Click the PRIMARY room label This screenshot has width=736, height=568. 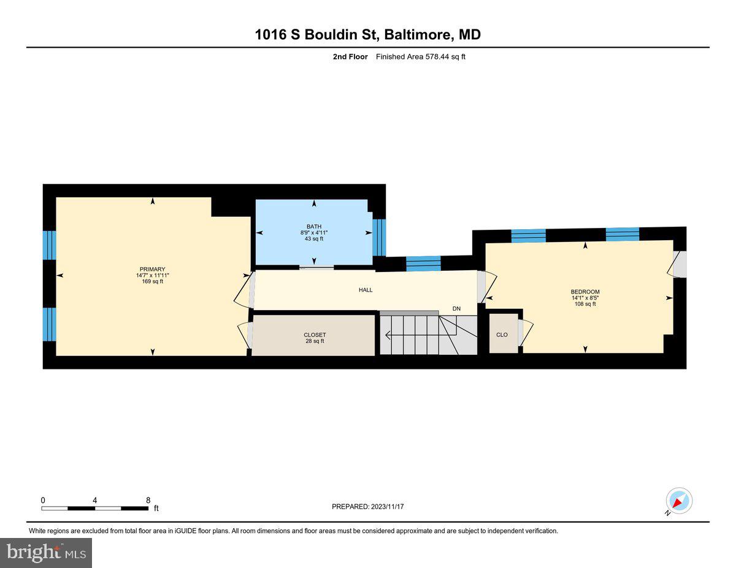(152, 269)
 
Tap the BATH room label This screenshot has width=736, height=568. (314, 226)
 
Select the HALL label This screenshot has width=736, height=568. (366, 290)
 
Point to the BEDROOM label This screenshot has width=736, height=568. (585, 292)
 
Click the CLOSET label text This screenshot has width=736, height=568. (314, 335)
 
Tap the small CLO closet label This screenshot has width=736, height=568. (502, 335)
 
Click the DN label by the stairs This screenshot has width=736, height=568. (456, 309)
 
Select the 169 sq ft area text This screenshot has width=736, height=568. (153, 282)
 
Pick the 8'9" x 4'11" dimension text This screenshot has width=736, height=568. (314, 232)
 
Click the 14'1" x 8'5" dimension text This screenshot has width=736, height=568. (585, 298)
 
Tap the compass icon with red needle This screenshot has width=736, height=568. (679, 501)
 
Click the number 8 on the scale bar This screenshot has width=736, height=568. (148, 500)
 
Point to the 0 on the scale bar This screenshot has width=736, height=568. (43, 500)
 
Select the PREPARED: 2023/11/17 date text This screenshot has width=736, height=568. (368, 507)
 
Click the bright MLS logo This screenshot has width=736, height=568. (46, 553)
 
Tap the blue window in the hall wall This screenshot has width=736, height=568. (423, 263)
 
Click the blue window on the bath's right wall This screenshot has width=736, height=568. (379, 237)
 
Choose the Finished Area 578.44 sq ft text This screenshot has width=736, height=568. (417, 57)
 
